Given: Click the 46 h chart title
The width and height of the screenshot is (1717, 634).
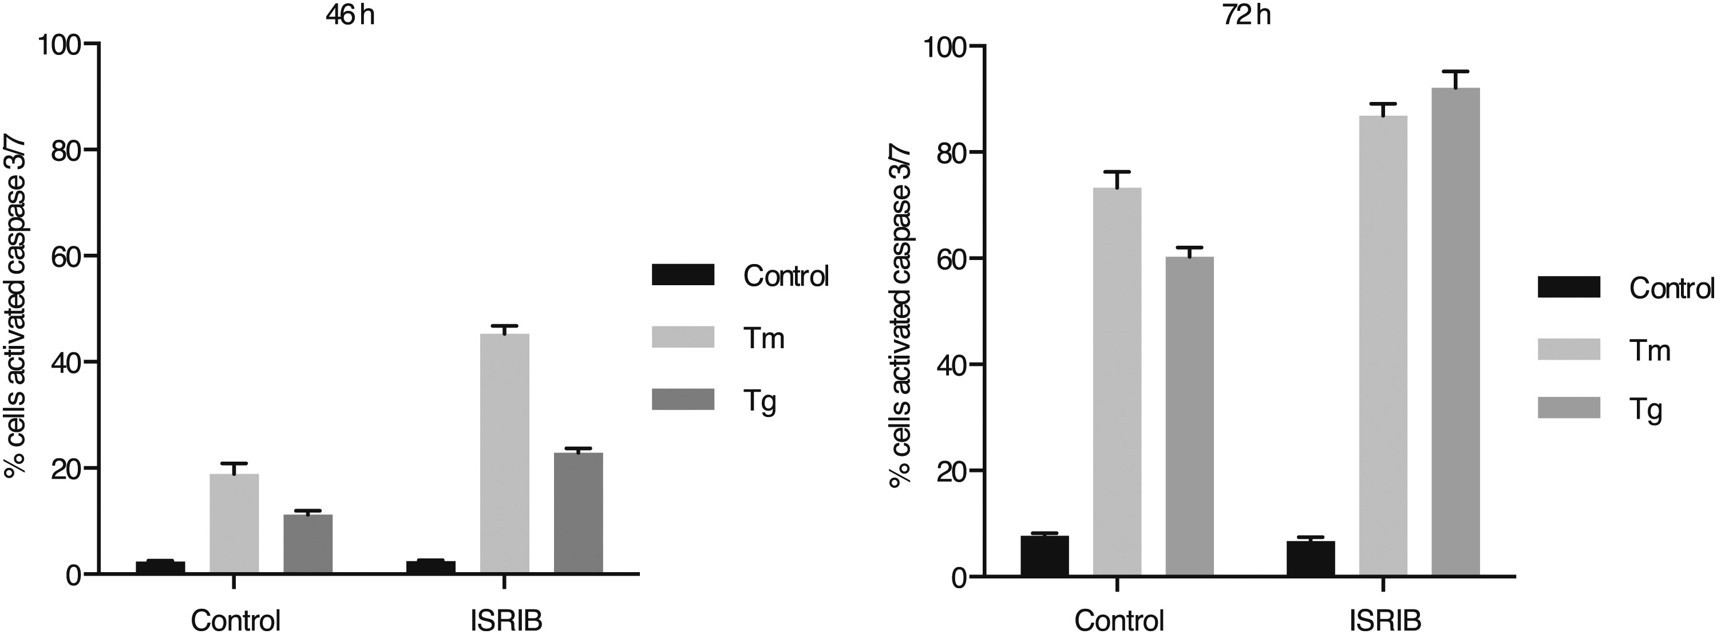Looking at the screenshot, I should pyautogui.click(x=350, y=15).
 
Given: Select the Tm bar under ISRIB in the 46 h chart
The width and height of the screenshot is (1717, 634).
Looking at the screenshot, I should pyautogui.click(x=505, y=454).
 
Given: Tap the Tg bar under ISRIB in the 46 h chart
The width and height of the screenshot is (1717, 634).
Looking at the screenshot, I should pyautogui.click(x=578, y=513).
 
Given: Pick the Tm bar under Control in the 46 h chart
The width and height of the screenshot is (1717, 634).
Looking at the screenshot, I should pyautogui.click(x=234, y=523).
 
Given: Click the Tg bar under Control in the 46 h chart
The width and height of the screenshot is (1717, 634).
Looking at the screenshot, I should pyautogui.click(x=307, y=544).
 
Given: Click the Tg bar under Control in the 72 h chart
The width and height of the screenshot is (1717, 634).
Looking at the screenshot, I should pyautogui.click(x=1190, y=417).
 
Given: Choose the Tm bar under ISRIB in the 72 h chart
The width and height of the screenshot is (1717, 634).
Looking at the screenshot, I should pyautogui.click(x=1383, y=346).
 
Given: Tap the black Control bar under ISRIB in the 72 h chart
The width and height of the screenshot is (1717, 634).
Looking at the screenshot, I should pyautogui.click(x=1311, y=558).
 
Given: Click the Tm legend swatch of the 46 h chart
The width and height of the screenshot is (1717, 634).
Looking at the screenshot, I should pyautogui.click(x=683, y=337).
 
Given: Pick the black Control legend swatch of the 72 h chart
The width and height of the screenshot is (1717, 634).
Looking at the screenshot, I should pyautogui.click(x=1568, y=287).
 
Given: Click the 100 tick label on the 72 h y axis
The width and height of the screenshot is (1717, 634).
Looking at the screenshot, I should pyautogui.click(x=940, y=46).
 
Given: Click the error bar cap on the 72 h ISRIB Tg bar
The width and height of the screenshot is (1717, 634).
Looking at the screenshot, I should pyautogui.click(x=1455, y=72).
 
